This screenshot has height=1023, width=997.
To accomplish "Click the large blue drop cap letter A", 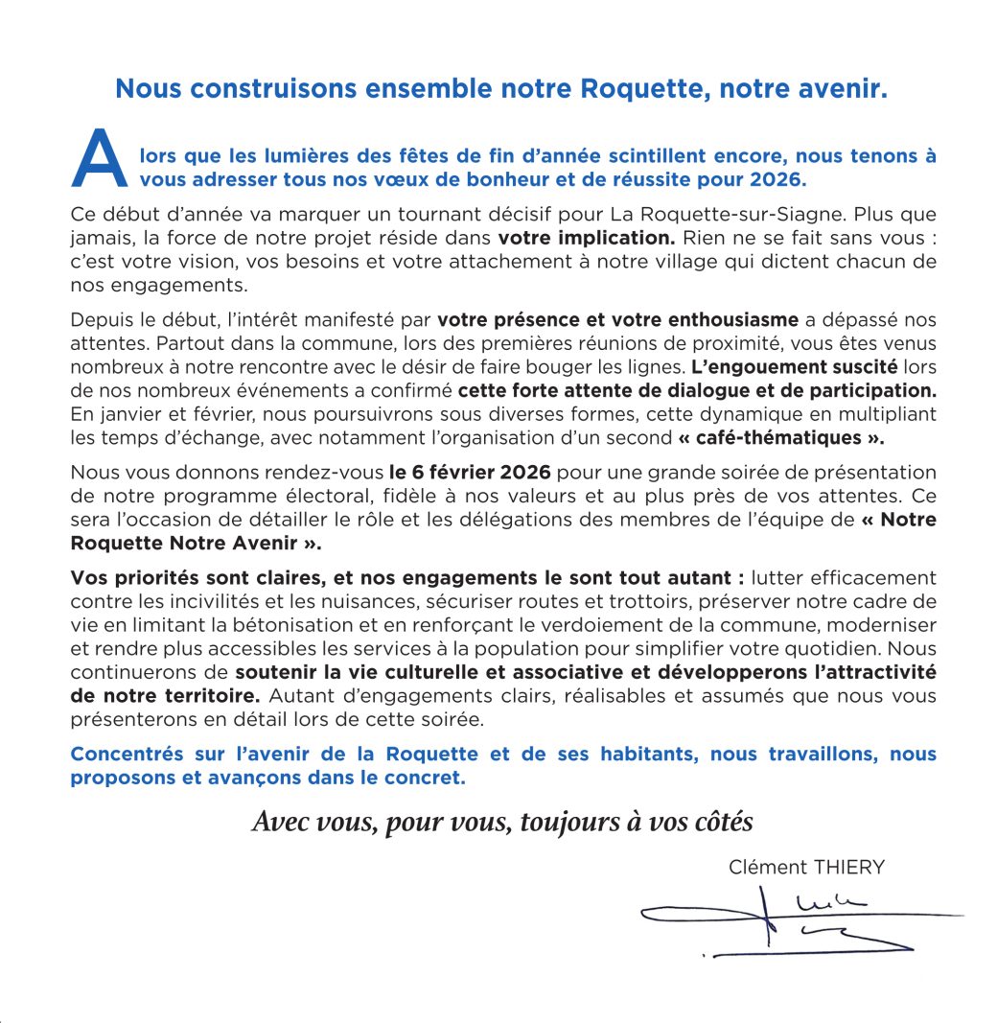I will (100, 160).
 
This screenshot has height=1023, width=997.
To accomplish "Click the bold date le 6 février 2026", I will (470, 473).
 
